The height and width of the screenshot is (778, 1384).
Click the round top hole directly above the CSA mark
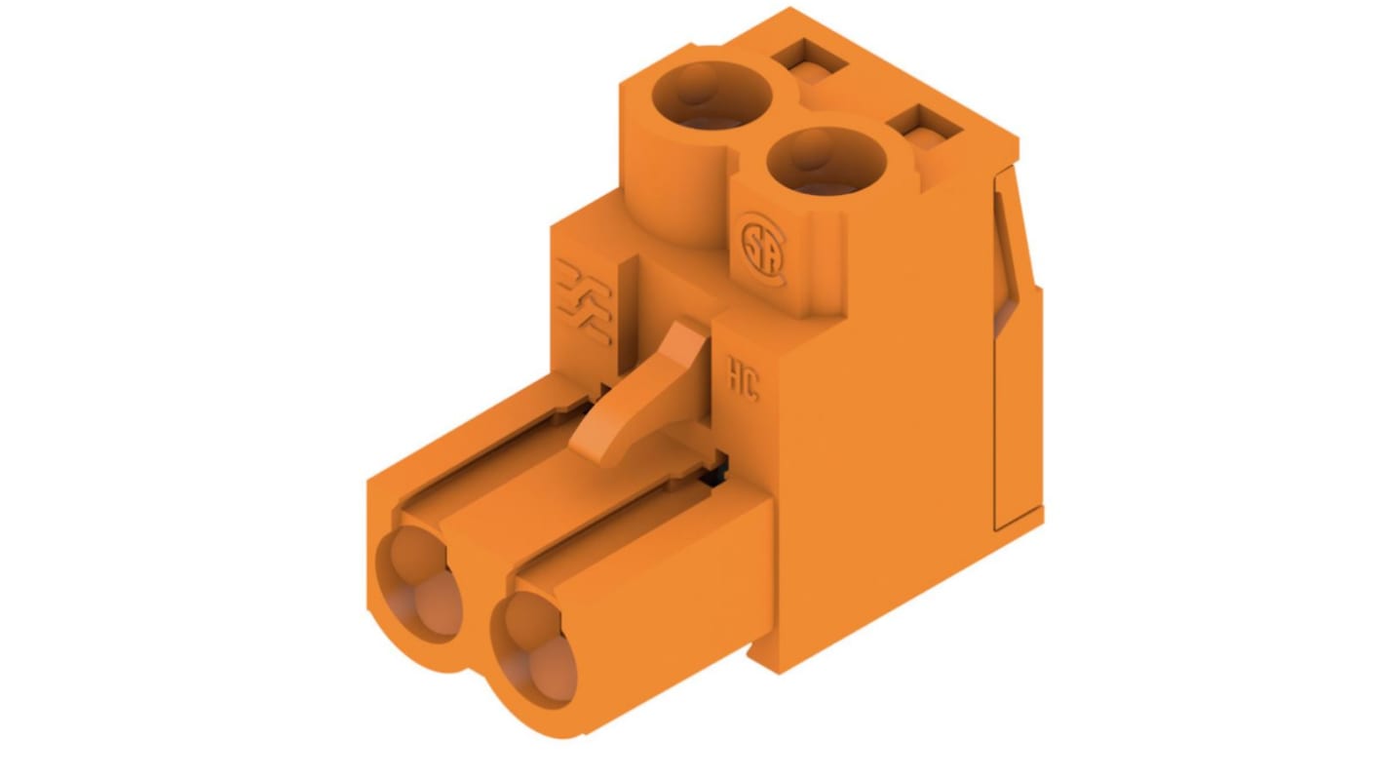click(x=826, y=161)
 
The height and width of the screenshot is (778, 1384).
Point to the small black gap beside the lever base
click(x=717, y=471)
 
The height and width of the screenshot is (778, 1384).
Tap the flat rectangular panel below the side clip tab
click(x=1017, y=409)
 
